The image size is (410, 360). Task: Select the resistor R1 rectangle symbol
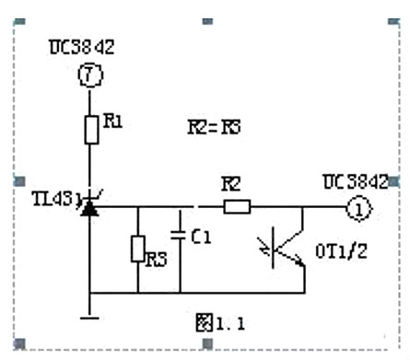[89, 130]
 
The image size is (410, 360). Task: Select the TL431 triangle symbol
[89, 209]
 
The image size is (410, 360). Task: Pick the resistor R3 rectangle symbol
[137, 249]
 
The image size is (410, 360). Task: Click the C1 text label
[201, 237]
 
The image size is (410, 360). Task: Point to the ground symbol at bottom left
[89, 316]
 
